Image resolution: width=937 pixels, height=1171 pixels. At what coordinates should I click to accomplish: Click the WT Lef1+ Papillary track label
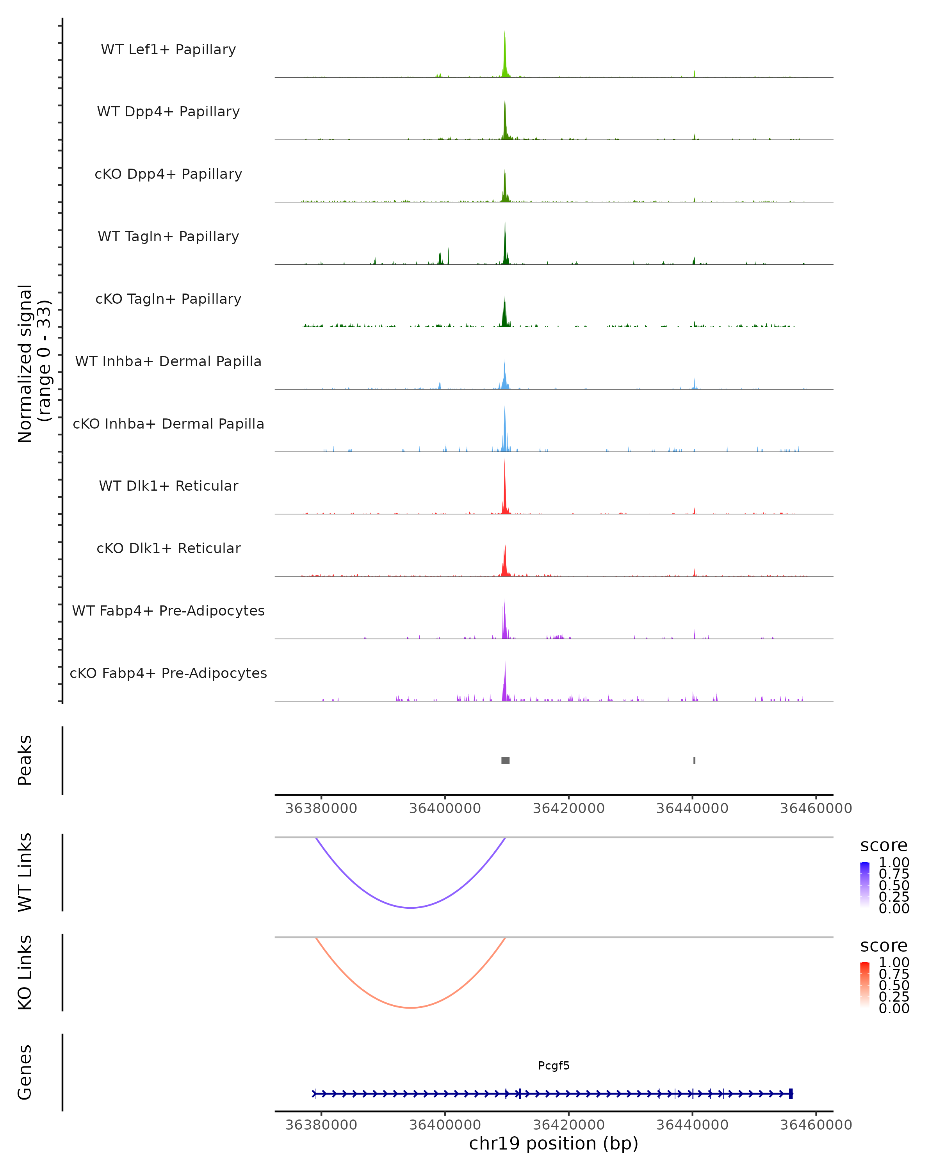coord(168,50)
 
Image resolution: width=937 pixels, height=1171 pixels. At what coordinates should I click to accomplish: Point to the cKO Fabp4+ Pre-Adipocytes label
coord(168,673)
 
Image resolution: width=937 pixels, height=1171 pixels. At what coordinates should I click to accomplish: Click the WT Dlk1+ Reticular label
coord(168,486)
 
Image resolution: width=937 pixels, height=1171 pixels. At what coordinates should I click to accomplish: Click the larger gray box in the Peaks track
coord(505,760)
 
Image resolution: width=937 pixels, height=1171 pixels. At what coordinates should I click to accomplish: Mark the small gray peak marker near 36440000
coord(694,760)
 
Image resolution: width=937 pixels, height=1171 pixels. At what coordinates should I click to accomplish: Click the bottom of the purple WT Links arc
coord(411,908)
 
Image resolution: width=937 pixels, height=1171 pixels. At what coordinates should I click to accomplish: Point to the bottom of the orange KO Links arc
coord(411,1007)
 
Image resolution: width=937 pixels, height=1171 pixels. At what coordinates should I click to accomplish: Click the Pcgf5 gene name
coord(554,1066)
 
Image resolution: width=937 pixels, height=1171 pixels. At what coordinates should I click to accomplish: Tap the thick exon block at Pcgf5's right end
coord(791,1094)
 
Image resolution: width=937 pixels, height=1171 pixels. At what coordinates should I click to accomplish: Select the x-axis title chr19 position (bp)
coord(554,1143)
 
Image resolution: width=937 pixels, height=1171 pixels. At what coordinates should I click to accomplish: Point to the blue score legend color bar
coord(865,885)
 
